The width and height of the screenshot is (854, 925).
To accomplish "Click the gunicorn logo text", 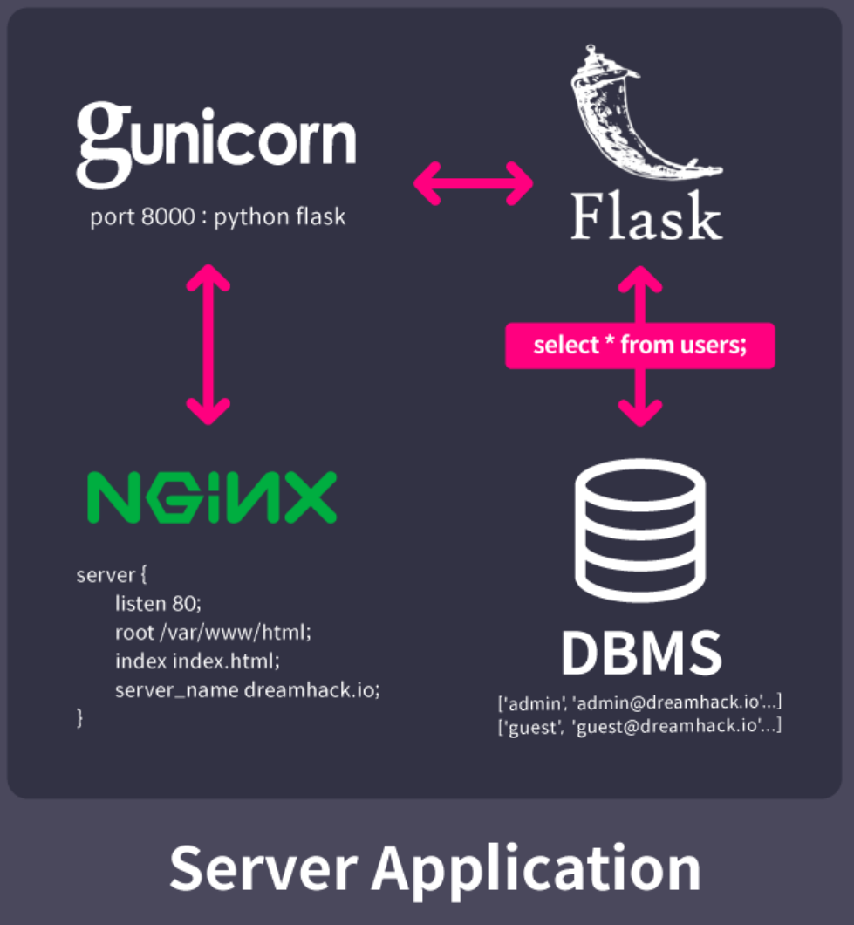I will click(215, 143).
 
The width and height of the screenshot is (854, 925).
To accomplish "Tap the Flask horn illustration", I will click(641, 118).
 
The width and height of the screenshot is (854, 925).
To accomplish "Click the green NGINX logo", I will click(212, 497).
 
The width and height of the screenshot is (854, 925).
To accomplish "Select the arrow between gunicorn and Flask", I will click(472, 182).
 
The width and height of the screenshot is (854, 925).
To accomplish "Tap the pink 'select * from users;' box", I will click(640, 345).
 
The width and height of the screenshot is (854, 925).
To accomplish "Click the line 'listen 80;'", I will click(158, 603).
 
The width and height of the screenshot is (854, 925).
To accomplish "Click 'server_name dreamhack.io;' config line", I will click(248, 690).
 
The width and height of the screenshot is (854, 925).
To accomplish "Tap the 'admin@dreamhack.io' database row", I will click(639, 702).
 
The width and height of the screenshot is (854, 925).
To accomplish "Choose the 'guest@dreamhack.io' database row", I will click(639, 725).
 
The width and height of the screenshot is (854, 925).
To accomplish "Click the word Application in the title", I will click(536, 869).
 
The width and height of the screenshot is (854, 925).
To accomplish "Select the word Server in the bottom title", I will click(263, 869).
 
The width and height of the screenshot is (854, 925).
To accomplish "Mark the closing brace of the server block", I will click(80, 718).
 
